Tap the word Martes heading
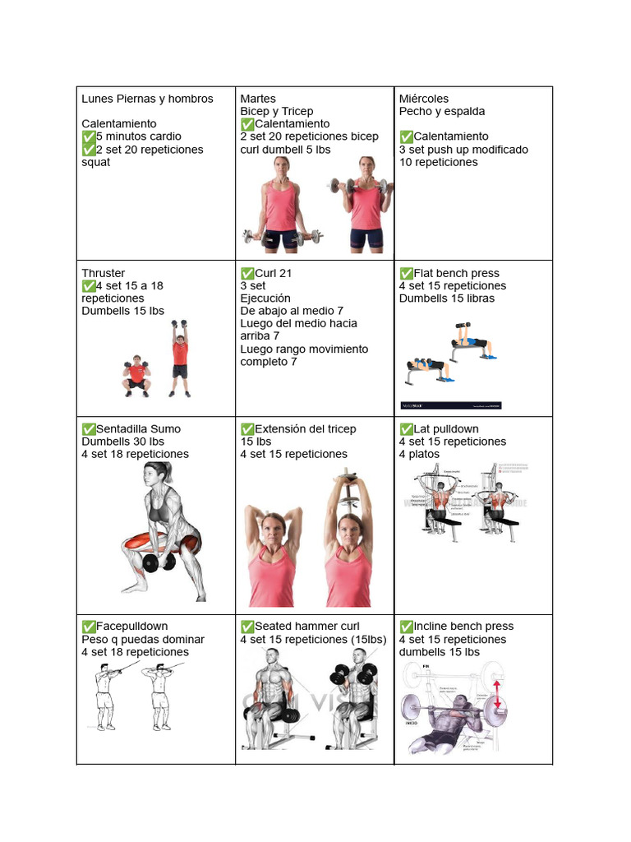(x=258, y=99)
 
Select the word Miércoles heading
(x=424, y=99)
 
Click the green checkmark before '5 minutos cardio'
(x=88, y=136)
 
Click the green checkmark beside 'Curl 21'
(x=247, y=273)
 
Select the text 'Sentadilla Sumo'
(x=138, y=428)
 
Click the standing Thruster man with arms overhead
(x=180, y=359)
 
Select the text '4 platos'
(x=419, y=454)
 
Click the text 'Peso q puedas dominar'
(x=142, y=640)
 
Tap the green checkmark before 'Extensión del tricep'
(x=247, y=428)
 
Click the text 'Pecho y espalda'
(x=442, y=112)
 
